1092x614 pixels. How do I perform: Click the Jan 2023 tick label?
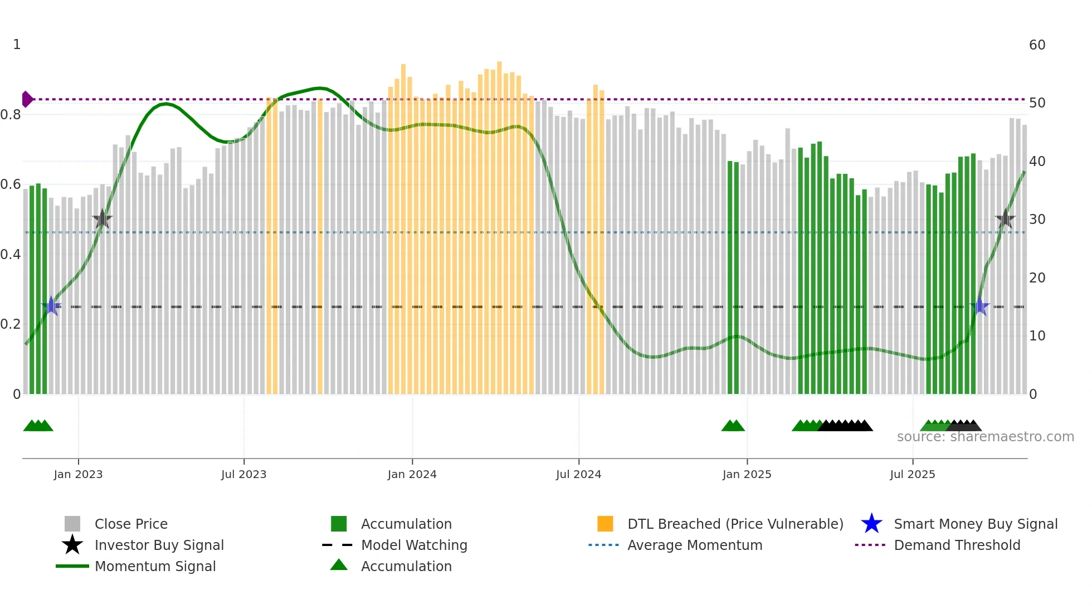pyautogui.click(x=78, y=474)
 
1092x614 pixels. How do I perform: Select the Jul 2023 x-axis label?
pyautogui.click(x=243, y=474)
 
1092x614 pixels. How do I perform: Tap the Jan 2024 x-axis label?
pyautogui.click(x=412, y=474)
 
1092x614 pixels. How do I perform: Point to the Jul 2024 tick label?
pyautogui.click(x=578, y=474)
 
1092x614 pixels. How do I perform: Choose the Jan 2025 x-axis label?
pyautogui.click(x=747, y=474)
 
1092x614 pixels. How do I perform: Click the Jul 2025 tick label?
pyautogui.click(x=912, y=474)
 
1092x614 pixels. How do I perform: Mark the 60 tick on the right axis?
pyautogui.click(x=1037, y=45)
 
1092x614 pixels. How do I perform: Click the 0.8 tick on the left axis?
pyautogui.click(x=11, y=115)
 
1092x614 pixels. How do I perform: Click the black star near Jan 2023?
pyautogui.click(x=102, y=219)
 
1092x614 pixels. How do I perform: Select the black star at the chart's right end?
pyautogui.click(x=1005, y=219)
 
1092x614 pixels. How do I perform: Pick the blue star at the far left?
pyautogui.click(x=51, y=306)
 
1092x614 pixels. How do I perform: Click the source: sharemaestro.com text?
pyautogui.click(x=985, y=437)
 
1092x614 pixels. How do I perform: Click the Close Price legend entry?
pyautogui.click(x=130, y=524)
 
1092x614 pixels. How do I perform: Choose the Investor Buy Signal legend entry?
pyautogui.click(x=159, y=545)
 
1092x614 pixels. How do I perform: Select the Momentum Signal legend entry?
pyautogui.click(x=155, y=566)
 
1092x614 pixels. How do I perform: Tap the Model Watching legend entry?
pyautogui.click(x=414, y=545)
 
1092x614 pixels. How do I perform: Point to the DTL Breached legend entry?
pyautogui.click(x=735, y=524)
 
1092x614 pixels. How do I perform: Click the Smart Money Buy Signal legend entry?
pyautogui.click(x=975, y=524)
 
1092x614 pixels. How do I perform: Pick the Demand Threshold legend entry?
pyautogui.click(x=957, y=545)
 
